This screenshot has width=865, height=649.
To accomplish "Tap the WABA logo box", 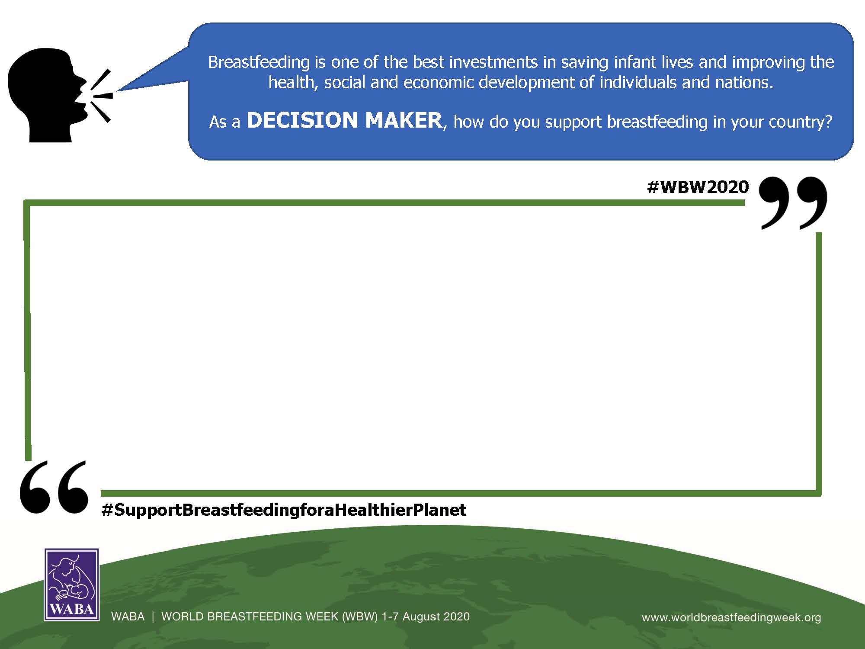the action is [x=72, y=585].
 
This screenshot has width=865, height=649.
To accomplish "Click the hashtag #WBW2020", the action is [x=698, y=187].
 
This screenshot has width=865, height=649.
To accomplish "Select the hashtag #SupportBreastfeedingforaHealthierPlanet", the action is [x=284, y=510].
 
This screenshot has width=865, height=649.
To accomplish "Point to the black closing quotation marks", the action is [x=793, y=202].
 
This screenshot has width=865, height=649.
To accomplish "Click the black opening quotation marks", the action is [x=54, y=487].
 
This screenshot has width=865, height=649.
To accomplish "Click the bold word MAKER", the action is [x=404, y=120].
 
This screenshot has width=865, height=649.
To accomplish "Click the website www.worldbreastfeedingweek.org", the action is [x=731, y=617].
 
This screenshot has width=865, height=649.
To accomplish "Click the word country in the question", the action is [x=803, y=122].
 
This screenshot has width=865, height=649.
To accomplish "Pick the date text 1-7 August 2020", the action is [x=425, y=617].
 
